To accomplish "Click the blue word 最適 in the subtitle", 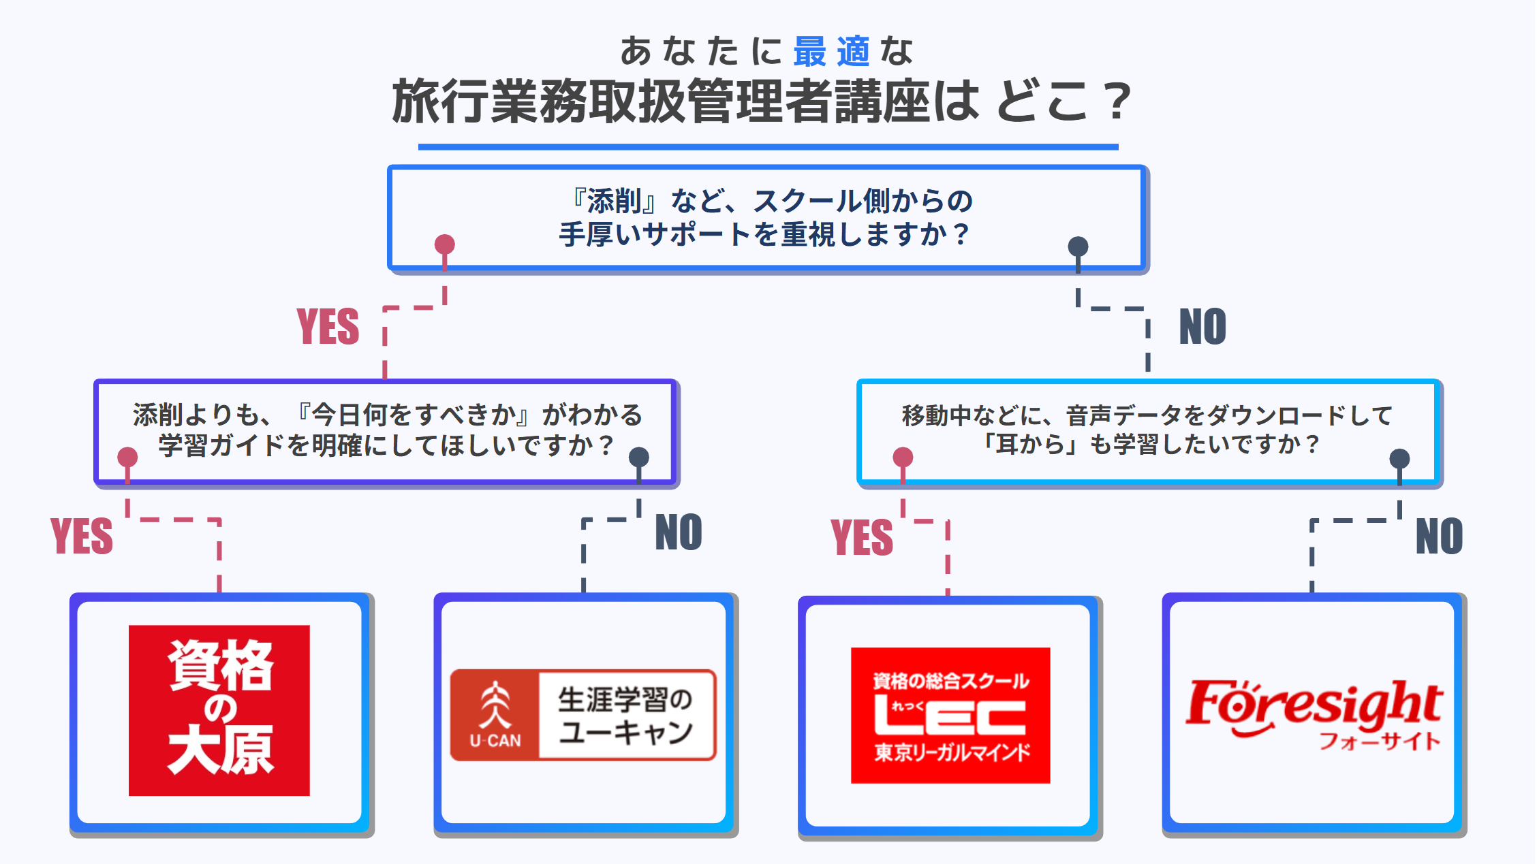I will tap(831, 52).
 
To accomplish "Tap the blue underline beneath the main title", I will tap(768, 146).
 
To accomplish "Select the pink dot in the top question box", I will tap(445, 244).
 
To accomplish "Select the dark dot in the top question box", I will tap(1078, 246).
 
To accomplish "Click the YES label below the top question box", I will tap(328, 327).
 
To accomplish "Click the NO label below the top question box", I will tap(1202, 327).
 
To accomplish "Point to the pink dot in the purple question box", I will tap(127, 457).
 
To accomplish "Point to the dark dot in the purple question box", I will tap(638, 457).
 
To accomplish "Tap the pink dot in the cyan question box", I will tap(903, 457).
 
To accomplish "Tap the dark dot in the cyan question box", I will tap(1399, 458).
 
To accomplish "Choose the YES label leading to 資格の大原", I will tap(82, 537).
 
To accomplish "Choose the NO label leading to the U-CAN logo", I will tap(678, 532).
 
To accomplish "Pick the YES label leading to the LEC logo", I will tap(861, 537).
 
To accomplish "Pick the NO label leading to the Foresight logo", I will tap(1439, 537).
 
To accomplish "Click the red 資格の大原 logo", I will tap(219, 710).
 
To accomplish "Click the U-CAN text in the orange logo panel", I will tap(495, 741).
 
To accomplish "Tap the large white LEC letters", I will tap(950, 715).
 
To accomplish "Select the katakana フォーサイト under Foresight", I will tap(1380, 741).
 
